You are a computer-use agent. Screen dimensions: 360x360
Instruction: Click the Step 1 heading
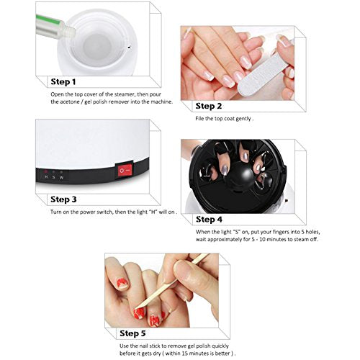coord(69,81)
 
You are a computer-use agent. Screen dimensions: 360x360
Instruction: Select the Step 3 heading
coord(69,199)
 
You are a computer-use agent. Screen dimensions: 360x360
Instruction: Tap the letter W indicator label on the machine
coord(61,176)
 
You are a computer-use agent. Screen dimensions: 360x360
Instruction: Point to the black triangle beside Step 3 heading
coord(44,199)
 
